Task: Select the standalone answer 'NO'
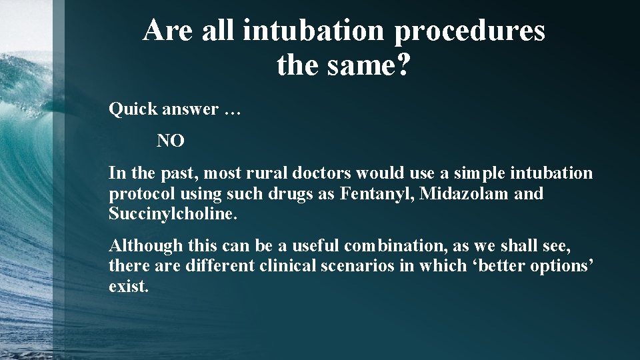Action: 171,141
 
